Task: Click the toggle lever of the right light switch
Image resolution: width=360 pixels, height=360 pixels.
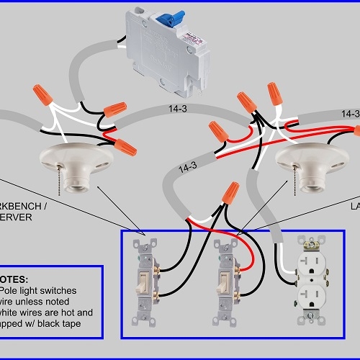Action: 224,284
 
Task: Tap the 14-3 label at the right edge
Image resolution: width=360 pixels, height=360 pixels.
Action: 350,114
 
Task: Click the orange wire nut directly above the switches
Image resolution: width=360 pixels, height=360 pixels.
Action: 230,192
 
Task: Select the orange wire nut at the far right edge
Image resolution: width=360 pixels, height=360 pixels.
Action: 356,130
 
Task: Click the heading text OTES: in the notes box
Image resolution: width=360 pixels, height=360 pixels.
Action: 15,278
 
